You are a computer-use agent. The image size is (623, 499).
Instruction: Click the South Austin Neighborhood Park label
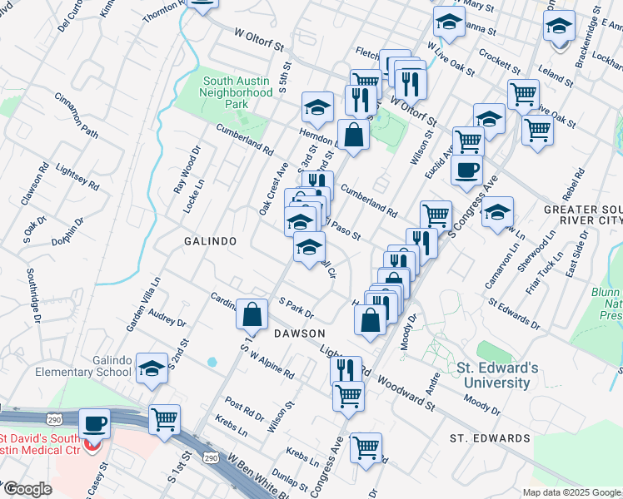pos(238,93)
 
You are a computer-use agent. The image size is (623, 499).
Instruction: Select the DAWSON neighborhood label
pos(299,333)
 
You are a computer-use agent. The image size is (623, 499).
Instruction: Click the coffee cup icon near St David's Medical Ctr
pos(94,424)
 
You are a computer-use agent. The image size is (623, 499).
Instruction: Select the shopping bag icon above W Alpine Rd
pos(252,315)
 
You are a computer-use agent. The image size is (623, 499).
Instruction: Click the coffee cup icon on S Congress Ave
pos(466,169)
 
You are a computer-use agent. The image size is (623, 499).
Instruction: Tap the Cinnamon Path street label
pos(77,121)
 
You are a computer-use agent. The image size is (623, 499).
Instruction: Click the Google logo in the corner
pos(27,489)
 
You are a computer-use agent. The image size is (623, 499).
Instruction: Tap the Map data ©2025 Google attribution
pos(571,492)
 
